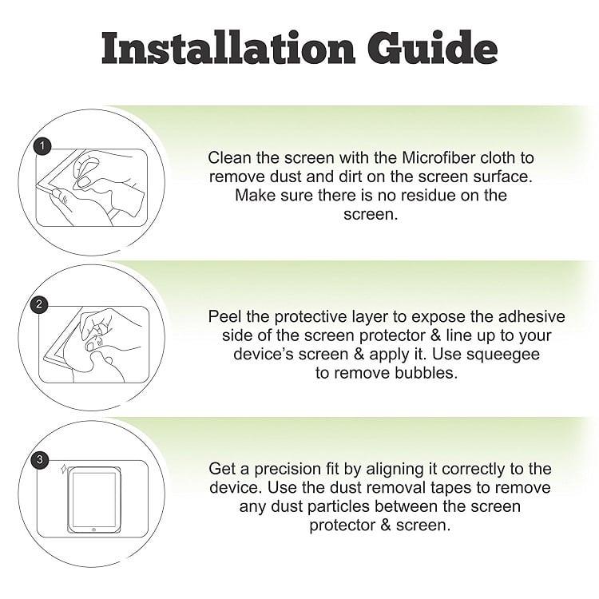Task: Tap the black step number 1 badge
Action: pyautogui.click(x=42, y=146)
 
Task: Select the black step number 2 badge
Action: pyautogui.click(x=38, y=304)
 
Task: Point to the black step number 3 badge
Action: pyautogui.click(x=39, y=459)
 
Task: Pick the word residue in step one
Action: pyautogui.click(x=424, y=195)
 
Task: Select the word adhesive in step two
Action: pyautogui.click(x=531, y=317)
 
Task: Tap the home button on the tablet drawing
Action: pyautogui.click(x=93, y=530)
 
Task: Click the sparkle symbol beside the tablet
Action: pyautogui.click(x=63, y=468)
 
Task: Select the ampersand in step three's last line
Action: pyautogui.click(x=386, y=525)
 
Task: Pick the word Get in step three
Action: pyautogui.click(x=221, y=469)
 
